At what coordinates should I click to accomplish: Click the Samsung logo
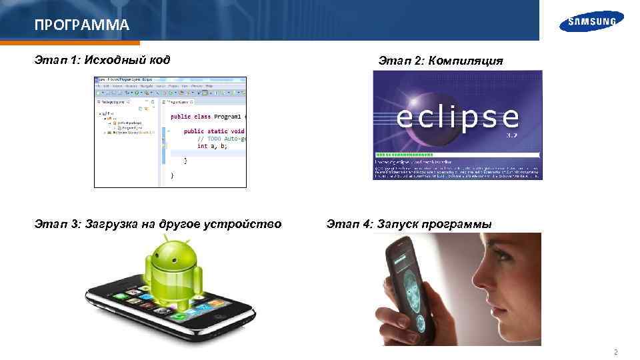(592, 21)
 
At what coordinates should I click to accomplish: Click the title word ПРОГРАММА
(81, 26)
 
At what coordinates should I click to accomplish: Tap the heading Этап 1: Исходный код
(102, 61)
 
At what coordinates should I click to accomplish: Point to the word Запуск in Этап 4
(403, 224)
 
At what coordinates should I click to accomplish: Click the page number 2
(615, 352)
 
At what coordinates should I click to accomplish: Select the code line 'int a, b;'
(213, 146)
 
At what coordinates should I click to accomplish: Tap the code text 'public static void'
(214, 131)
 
